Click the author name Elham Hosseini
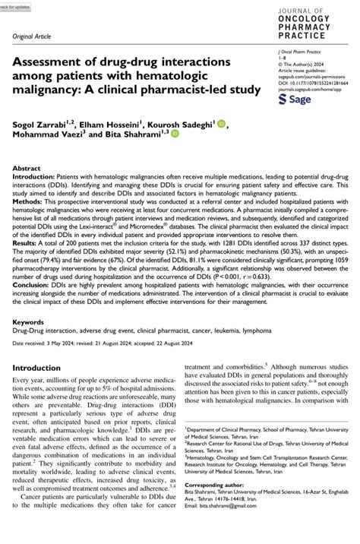(107, 124)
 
